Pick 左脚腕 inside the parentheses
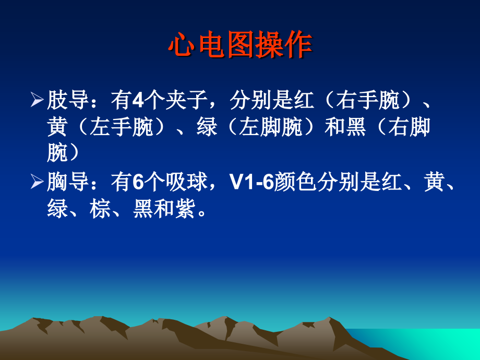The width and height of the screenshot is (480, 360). coord(271,127)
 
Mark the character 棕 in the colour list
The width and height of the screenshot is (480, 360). coord(100,210)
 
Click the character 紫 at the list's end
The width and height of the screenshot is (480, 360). coord(186,210)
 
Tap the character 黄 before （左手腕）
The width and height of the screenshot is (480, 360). coord(57,127)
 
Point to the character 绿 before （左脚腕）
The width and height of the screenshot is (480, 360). coord(207,127)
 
